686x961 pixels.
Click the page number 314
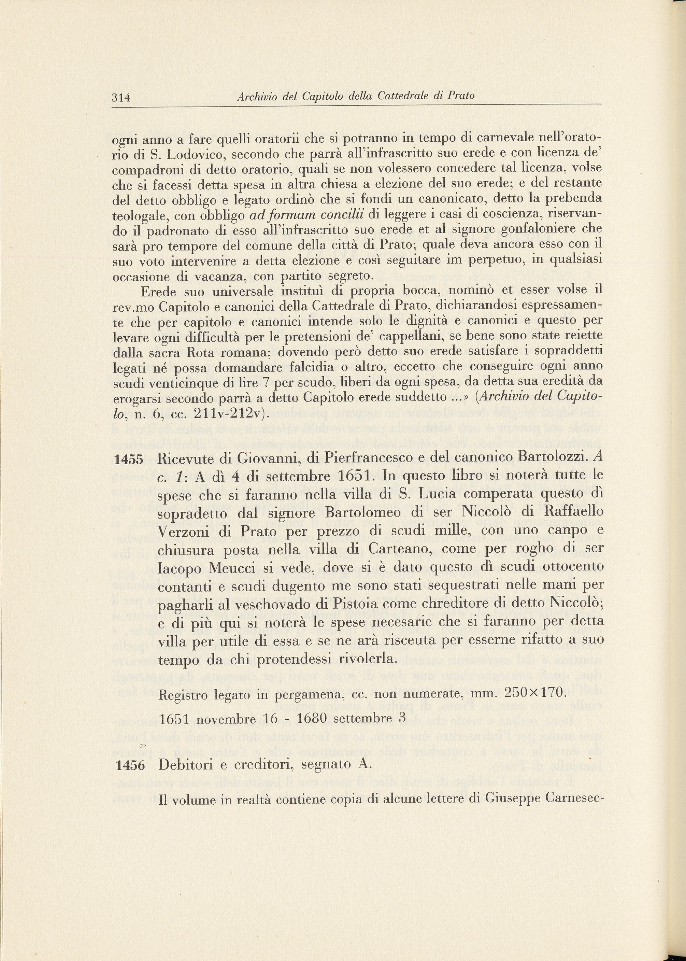(121, 98)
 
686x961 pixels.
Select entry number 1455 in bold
(129, 460)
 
